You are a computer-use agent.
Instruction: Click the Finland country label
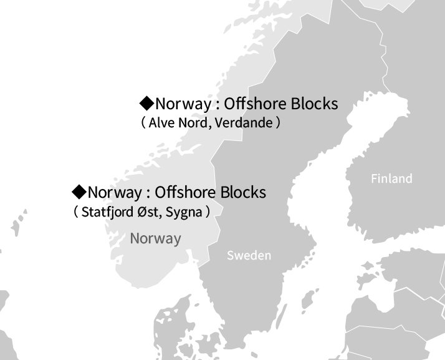391,179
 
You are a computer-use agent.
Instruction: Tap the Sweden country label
249,256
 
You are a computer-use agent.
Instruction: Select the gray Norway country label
155,238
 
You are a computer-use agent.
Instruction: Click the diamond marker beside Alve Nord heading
146,102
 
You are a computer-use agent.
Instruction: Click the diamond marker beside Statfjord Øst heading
79,191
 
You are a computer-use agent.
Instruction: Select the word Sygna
184,212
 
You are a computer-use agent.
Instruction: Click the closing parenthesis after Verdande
279,123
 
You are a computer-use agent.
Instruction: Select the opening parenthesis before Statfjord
76,212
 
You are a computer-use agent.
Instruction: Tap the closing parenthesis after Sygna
207,212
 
